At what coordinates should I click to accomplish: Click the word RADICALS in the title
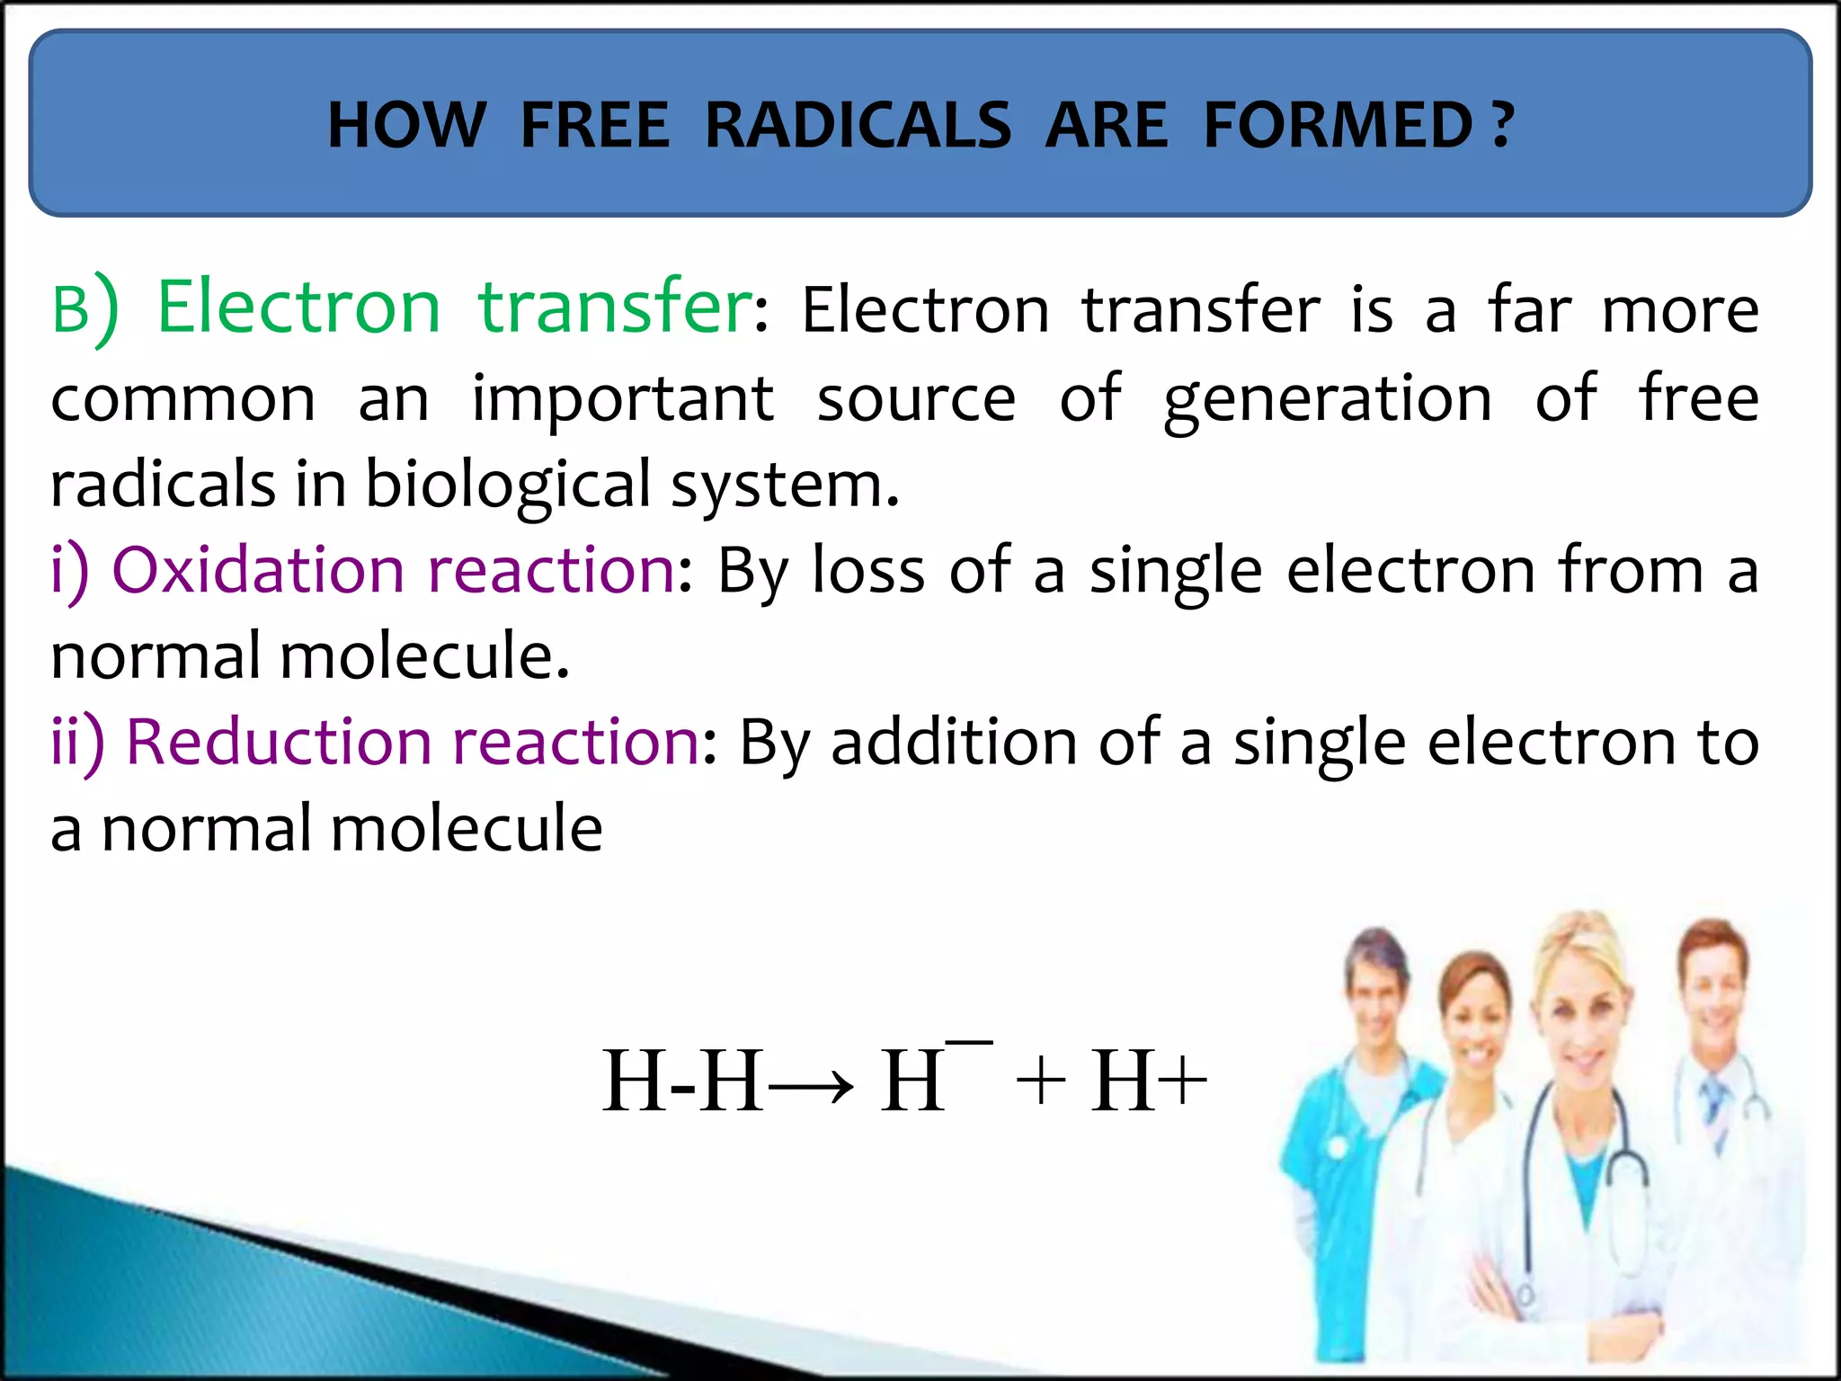[858, 125]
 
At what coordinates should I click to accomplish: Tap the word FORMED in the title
[1338, 125]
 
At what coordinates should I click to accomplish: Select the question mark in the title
[1502, 125]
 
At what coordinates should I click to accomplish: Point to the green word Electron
[298, 307]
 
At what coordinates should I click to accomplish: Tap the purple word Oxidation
[259, 570]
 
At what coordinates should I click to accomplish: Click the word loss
[867, 570]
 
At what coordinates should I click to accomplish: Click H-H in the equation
[682, 1082]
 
